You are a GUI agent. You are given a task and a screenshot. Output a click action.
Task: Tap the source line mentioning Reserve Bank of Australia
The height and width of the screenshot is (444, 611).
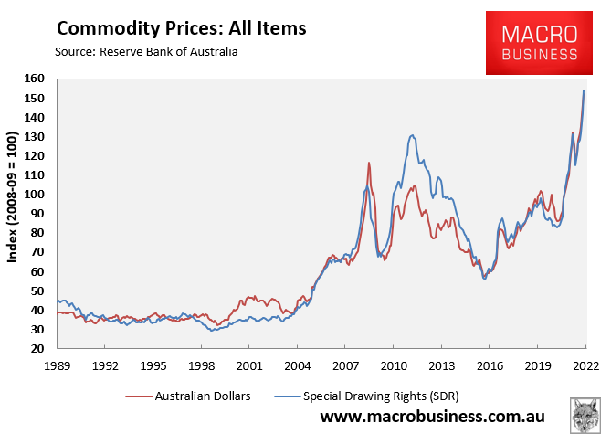[147, 52]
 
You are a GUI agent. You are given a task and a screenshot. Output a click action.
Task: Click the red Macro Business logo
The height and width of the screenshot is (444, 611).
[540, 43]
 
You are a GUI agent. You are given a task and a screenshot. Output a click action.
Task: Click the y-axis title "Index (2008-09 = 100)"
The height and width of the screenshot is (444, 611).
[14, 214]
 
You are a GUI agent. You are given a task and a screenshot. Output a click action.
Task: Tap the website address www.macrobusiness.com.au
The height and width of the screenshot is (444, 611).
[432, 418]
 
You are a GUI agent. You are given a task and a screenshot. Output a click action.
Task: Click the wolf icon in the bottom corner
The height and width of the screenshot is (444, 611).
[585, 416]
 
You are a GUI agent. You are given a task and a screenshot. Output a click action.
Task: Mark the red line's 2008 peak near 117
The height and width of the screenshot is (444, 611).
[368, 163]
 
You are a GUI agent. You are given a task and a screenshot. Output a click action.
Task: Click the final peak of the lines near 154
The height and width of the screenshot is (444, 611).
[584, 90]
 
